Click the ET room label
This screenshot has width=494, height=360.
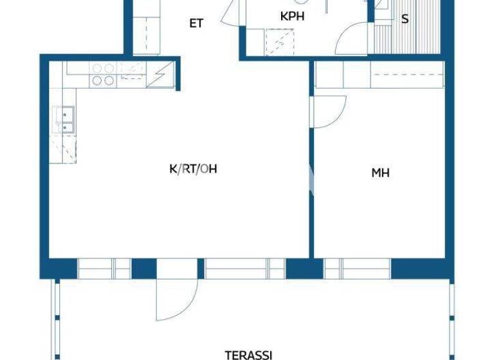click(196, 24)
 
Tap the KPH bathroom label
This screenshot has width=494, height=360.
click(292, 17)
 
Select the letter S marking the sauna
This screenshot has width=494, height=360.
click(405, 19)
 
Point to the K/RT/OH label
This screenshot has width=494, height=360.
click(193, 169)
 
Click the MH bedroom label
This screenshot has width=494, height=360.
click(381, 172)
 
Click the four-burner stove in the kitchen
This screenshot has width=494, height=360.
click(103, 75)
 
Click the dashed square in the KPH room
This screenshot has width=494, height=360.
click(279, 42)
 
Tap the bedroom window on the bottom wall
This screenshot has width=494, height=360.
click(357, 268)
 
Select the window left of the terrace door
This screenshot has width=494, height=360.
click(104, 268)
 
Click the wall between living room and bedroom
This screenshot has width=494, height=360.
click(309, 193)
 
